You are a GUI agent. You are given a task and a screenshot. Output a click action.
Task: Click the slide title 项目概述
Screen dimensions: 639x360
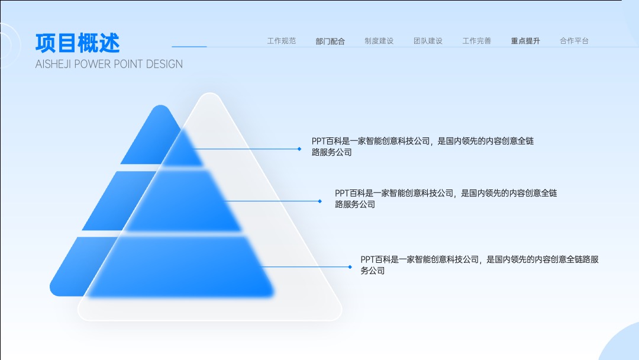(78, 43)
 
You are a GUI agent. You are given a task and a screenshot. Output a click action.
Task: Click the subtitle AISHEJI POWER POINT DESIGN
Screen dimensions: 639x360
(109, 64)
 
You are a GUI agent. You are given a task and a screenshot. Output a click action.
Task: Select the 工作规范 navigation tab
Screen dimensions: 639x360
(281, 41)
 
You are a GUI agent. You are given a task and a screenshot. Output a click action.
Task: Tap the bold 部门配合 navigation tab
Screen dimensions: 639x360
(330, 41)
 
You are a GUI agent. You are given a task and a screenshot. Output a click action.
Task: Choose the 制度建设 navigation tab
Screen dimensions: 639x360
(379, 41)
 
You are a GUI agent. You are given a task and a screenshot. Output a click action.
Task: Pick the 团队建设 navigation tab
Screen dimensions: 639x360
(428, 41)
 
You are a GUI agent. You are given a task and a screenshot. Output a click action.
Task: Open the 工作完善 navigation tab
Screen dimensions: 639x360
(477, 41)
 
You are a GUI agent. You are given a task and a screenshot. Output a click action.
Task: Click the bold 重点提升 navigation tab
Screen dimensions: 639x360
(525, 41)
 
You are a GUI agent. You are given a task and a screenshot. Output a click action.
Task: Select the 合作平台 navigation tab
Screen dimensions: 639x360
(574, 41)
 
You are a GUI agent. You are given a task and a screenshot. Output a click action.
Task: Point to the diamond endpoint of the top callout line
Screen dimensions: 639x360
(299, 149)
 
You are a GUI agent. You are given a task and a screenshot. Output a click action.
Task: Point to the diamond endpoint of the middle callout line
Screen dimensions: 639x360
(320, 201)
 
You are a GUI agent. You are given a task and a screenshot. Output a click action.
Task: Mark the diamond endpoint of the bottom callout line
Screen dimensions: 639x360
(350, 267)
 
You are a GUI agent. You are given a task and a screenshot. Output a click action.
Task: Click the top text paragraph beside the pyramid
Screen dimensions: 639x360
(422, 146)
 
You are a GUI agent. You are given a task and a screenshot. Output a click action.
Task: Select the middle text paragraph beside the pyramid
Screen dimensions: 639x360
(446, 198)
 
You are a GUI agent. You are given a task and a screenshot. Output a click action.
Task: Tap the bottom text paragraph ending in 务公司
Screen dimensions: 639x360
(479, 265)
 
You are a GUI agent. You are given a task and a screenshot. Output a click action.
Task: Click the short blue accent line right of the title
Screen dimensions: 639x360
(189, 47)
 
